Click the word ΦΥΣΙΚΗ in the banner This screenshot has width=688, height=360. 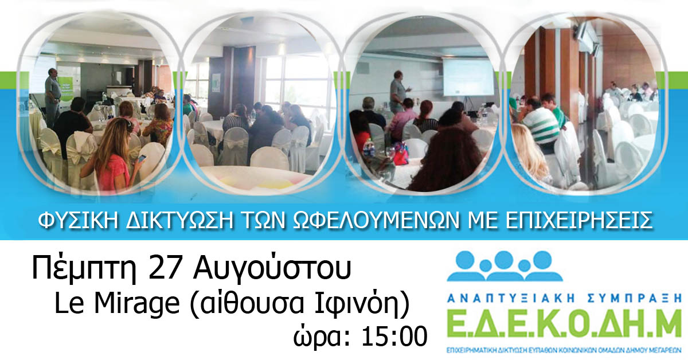(x=78, y=220)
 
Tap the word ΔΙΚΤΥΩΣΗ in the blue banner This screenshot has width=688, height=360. (x=179, y=220)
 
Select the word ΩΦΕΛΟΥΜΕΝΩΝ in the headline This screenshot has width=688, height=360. (x=376, y=220)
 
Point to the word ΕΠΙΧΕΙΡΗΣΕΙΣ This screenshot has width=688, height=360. (x=578, y=220)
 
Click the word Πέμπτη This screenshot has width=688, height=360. (x=84, y=268)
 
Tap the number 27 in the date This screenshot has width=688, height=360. (x=164, y=267)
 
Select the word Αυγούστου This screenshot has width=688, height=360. (x=272, y=268)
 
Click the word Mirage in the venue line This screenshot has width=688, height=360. (x=136, y=303)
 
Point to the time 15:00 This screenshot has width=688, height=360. (x=394, y=336)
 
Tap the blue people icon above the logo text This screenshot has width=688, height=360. (x=505, y=266)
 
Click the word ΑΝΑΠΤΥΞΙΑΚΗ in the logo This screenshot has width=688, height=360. (x=510, y=298)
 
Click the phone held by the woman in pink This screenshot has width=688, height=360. (x=142, y=159)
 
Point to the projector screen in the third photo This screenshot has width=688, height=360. (x=467, y=77)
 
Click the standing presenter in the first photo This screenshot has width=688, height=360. (x=53, y=97)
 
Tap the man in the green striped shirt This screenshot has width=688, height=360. (x=541, y=123)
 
